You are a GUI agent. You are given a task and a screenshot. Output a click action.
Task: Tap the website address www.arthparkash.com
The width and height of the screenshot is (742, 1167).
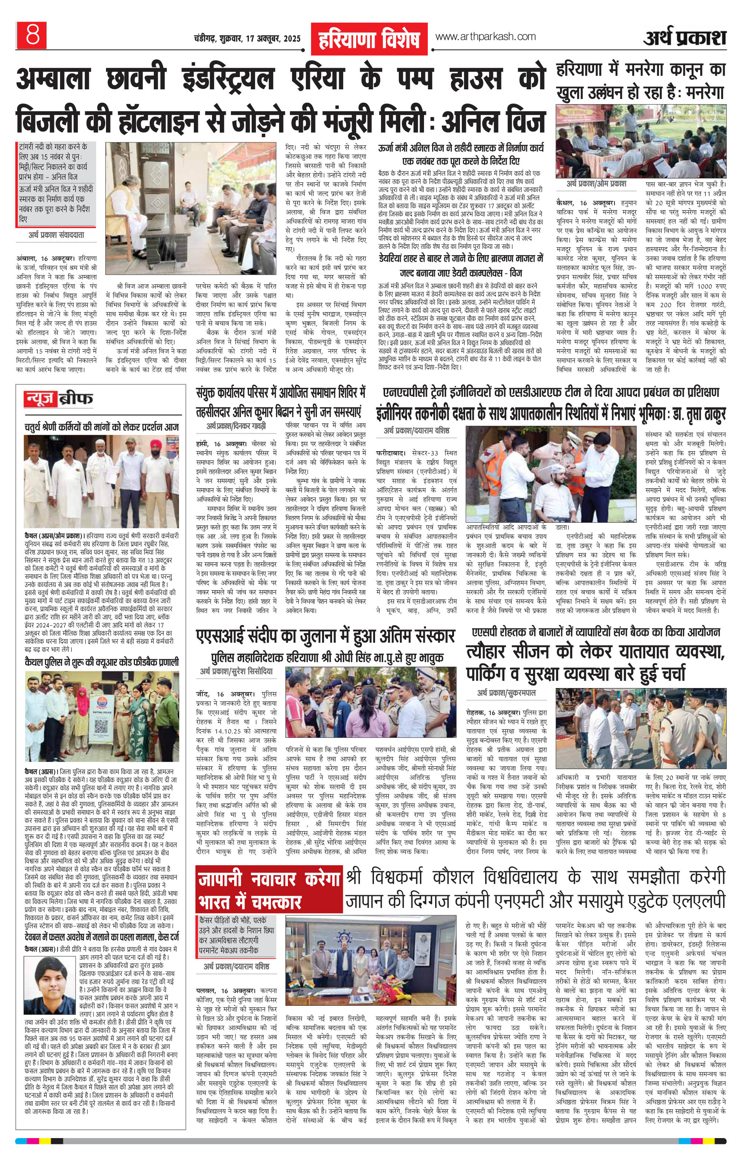point(485,36)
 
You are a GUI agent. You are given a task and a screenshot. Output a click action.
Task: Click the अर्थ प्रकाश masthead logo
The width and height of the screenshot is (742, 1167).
point(684,38)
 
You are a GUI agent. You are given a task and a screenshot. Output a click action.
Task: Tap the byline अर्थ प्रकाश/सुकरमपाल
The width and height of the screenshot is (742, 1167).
point(506,693)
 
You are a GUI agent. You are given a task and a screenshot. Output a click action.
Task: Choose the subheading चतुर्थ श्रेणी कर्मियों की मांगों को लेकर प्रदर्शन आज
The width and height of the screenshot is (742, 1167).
point(102,427)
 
